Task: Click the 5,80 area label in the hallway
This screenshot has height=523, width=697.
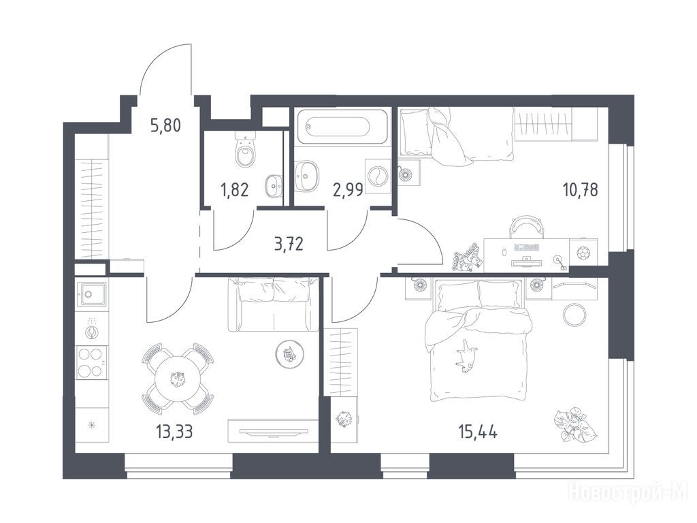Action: tap(166, 126)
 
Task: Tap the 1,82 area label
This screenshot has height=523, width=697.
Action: tap(234, 190)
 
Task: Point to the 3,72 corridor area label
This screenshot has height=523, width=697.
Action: tap(289, 244)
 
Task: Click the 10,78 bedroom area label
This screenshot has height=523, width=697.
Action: tap(580, 190)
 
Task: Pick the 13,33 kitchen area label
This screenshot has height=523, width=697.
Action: tap(174, 431)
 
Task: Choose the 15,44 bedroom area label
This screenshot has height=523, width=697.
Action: tap(477, 431)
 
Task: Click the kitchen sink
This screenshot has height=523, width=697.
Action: tap(92, 294)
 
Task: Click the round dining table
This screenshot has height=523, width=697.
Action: tap(178, 379)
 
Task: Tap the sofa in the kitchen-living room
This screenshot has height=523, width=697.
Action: tap(273, 304)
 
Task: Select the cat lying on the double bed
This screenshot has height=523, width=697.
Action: tap(466, 354)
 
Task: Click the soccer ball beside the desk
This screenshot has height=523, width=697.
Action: tap(583, 253)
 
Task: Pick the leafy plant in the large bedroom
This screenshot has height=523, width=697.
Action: tap(575, 425)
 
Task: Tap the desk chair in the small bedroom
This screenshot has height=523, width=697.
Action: tap(526, 226)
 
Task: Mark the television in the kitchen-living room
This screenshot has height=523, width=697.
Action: tap(273, 431)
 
